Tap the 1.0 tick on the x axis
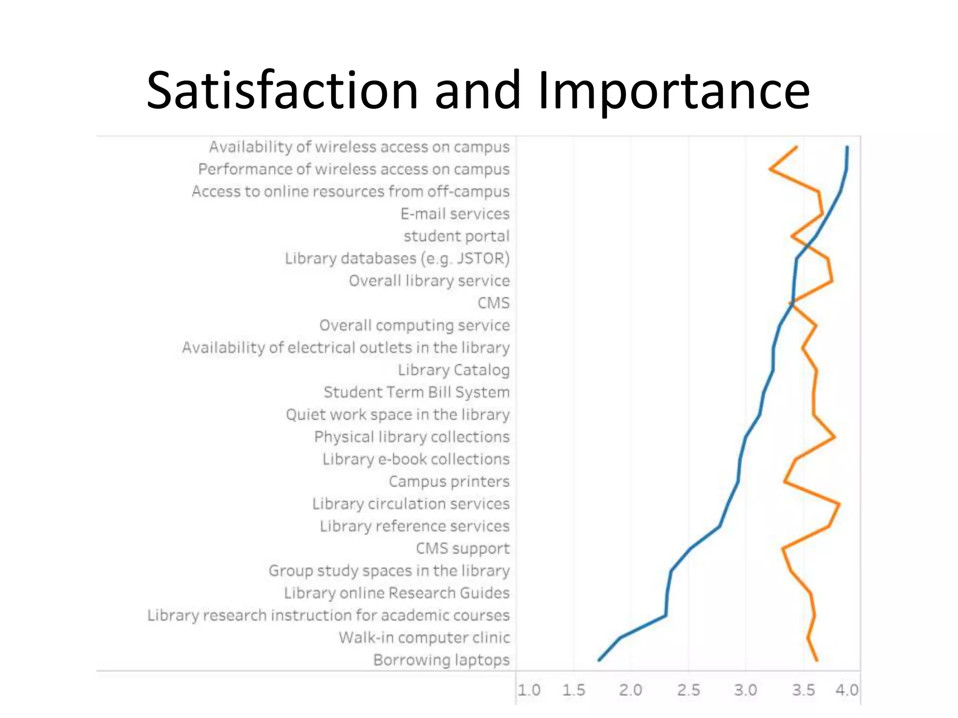click(529, 690)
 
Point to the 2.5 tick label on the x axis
click(689, 690)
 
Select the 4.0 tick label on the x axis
click(847, 690)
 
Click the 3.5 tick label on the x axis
click(803, 690)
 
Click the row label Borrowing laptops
click(441, 660)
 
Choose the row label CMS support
click(463, 548)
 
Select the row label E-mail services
click(455, 214)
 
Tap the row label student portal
click(457, 236)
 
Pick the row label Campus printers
click(449, 481)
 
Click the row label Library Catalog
click(454, 370)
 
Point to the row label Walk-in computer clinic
click(424, 637)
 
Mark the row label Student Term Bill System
click(416, 392)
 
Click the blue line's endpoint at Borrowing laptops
click(599, 660)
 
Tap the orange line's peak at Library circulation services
click(840, 504)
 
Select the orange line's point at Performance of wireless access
click(770, 169)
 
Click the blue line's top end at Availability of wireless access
click(847, 147)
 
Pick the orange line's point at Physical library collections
click(835, 437)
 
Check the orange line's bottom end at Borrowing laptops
click(817, 660)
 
